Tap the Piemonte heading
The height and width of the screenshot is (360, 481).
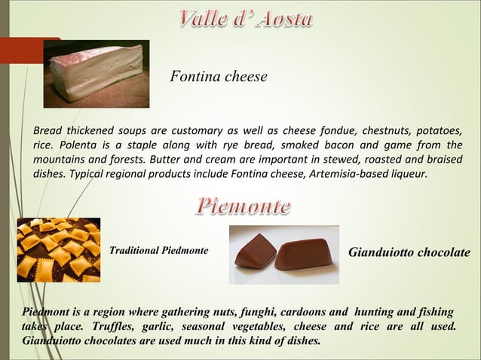[244, 205]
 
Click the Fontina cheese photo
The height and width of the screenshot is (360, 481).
[96, 71]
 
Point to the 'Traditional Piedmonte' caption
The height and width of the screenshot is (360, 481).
[159, 248]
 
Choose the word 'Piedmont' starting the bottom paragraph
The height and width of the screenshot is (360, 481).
[44, 311]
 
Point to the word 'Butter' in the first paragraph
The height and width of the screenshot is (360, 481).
[167, 160]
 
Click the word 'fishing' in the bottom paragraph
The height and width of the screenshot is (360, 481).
[434, 311]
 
